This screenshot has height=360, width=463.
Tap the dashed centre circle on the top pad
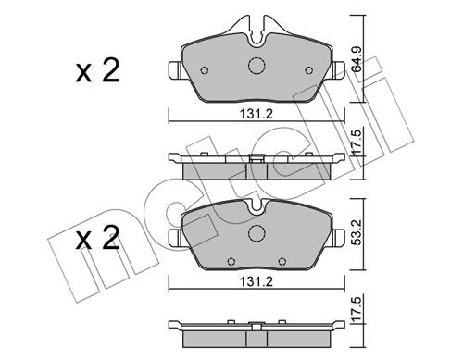pyautogui.click(x=257, y=66)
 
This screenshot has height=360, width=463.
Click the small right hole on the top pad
pyautogui.click(x=305, y=68)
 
